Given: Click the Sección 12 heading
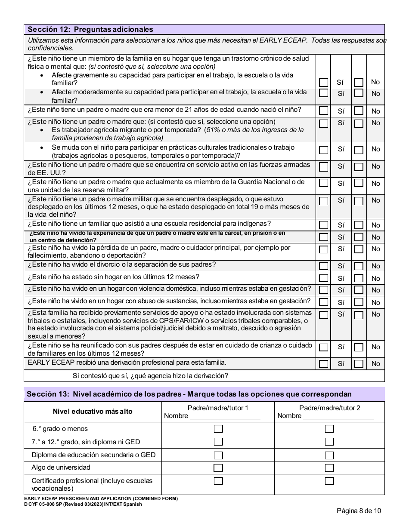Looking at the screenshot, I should pos(90,30).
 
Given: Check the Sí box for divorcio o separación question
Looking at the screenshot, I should pos(323,266).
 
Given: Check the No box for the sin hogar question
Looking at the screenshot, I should pos(359,278).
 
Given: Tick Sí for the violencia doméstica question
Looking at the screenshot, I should pos(323,290).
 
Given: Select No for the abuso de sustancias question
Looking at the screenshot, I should pos(359,302).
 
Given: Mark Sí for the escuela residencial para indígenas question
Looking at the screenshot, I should pos(323,225).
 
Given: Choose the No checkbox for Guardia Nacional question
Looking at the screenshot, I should pos(359,183).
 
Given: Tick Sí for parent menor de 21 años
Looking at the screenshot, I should pos(323,111).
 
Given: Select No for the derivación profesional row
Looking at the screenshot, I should pos(359,364).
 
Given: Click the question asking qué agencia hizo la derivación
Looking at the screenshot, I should pos(150,376).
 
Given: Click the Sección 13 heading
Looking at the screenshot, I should pos(189,394).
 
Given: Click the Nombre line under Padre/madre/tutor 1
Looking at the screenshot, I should pos(225,416).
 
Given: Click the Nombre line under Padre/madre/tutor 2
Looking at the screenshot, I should pos(338,416).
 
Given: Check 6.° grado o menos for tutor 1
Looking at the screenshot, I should pos(218,429).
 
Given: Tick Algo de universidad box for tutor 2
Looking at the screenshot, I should pos(329,468).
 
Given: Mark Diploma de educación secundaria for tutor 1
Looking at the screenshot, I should pos(218,455).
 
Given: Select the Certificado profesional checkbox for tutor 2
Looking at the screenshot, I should pos(329,481).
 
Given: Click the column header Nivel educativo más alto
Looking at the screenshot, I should pos(93,412).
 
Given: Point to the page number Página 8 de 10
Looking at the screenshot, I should pos(359,511).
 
